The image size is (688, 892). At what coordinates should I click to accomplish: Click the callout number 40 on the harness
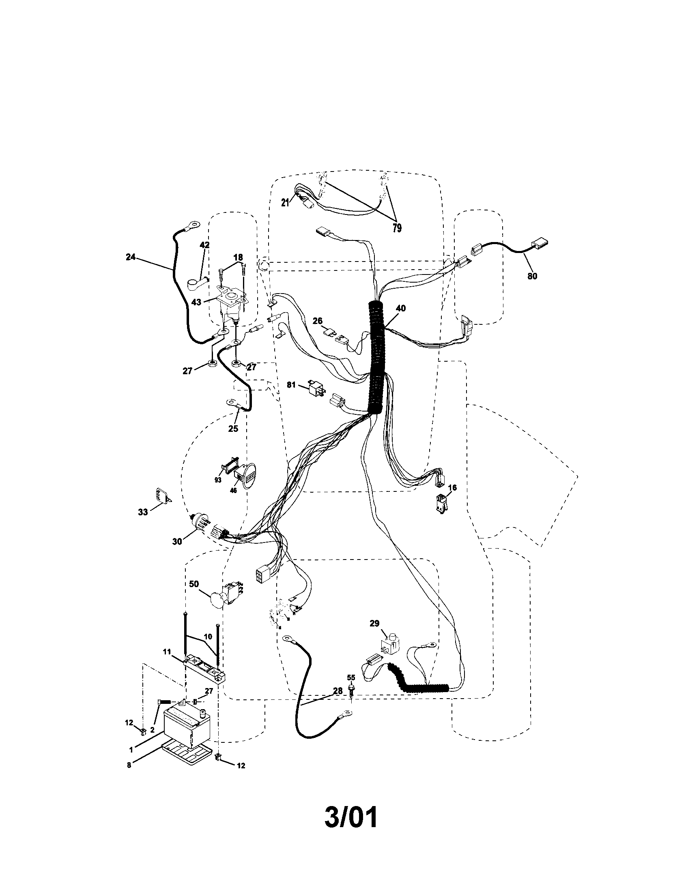(x=400, y=309)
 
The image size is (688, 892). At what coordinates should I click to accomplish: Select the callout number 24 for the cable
(x=131, y=257)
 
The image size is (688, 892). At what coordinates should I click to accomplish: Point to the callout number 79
(x=397, y=228)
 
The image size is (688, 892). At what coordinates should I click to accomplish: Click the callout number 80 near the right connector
(x=532, y=276)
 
